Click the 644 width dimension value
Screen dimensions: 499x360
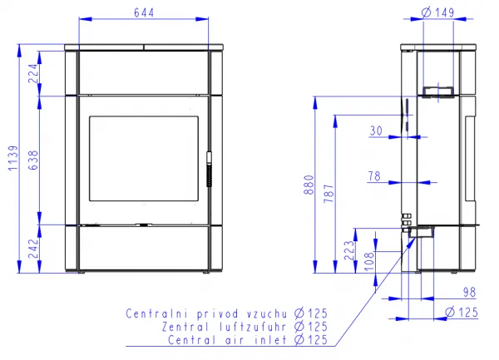144,12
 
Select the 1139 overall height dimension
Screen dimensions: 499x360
13,158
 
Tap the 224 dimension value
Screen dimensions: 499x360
33,73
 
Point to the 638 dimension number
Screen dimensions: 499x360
33,160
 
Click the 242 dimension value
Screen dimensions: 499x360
33,249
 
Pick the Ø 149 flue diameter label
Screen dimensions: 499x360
437,12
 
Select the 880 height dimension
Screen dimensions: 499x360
309,185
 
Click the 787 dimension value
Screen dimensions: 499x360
329,194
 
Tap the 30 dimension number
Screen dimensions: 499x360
376,131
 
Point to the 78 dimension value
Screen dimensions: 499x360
374,176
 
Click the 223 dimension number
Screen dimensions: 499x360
349,250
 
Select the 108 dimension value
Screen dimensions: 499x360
369,261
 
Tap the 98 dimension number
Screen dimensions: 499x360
469,293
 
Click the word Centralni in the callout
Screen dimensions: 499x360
158,313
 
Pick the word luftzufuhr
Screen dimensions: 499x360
251,327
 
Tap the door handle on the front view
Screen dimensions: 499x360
209,169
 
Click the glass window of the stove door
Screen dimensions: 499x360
144,159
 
